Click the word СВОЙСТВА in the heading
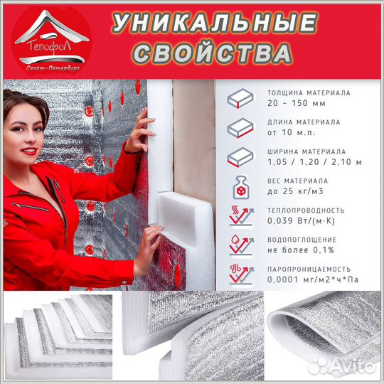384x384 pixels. (212, 53)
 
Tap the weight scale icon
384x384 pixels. (242, 186)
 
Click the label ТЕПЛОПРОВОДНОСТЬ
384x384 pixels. (306, 210)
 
